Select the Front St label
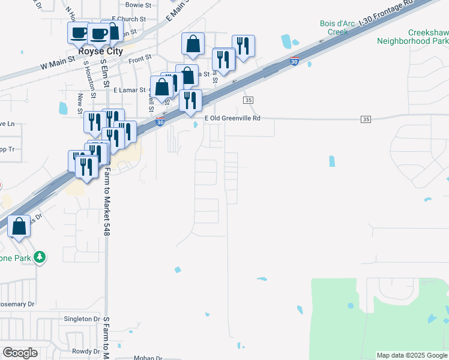pos(140,59)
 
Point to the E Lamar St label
pos(130,90)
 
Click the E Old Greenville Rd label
pos(232,118)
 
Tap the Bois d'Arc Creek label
pos(334,28)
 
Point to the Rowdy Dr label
pos(86,352)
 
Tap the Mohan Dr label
pos(148,358)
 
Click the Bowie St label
pos(138,5)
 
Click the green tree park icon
pos(40,257)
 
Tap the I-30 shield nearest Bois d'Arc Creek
pos(294,61)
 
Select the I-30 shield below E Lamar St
pos(160,122)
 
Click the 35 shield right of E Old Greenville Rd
pos(366,119)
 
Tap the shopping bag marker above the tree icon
pos(19,226)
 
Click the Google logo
pos(20,353)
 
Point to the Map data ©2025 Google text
pos(411,355)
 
